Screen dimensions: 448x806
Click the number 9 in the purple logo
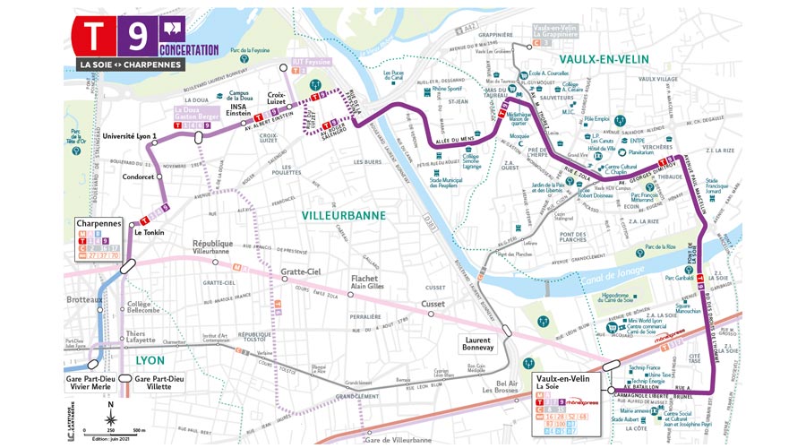pos(137,36)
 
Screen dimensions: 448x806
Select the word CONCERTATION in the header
pos(189,49)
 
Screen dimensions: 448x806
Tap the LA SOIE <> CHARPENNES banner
pos(130,65)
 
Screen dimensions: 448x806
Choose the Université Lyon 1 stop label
pos(131,135)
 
